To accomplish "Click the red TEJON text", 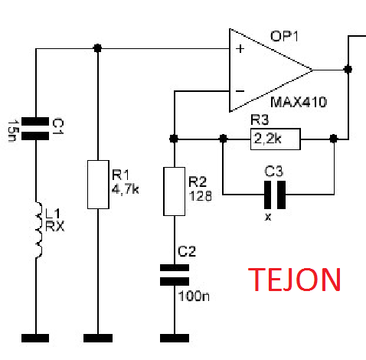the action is click(294, 280).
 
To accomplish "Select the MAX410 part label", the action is click(299, 102).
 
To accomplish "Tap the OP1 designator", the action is click(284, 36).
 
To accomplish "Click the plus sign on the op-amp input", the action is click(240, 48).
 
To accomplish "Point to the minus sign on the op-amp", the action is click(240, 91).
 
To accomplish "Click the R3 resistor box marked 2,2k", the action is click(276, 139).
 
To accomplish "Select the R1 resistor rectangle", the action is click(98, 185).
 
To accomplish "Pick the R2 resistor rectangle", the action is click(175, 191).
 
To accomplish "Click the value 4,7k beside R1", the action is click(126, 189).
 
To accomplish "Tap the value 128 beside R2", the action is click(201, 196).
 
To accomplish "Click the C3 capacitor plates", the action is click(275, 195).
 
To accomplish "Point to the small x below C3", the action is click(268, 218).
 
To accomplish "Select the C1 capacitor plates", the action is click(35, 129).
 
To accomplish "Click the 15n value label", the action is click(13, 130).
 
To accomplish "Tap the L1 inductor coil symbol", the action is click(38, 230).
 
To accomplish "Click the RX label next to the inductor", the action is click(55, 226).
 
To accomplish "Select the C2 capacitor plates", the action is click(175, 275).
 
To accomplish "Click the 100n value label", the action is click(194, 296).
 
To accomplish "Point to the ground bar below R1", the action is click(98, 338).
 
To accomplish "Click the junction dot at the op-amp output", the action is click(348, 69).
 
